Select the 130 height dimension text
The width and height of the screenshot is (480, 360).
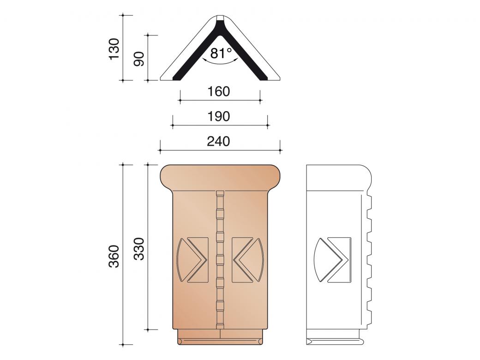[114, 48]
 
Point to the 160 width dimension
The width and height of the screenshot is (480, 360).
[219, 91]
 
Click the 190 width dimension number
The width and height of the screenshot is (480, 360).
[219, 116]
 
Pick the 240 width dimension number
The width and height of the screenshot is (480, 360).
[219, 141]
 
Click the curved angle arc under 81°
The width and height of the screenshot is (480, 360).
[221, 64]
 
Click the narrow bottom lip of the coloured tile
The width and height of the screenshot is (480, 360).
[221, 341]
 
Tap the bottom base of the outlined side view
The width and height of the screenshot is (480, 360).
[337, 341]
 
